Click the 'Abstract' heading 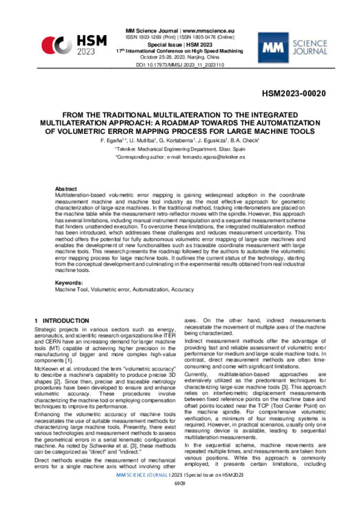coord(67,188)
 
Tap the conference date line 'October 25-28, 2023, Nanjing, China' coord(180,57)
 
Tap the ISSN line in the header coord(180,38)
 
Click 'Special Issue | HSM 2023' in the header coord(180,45)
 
